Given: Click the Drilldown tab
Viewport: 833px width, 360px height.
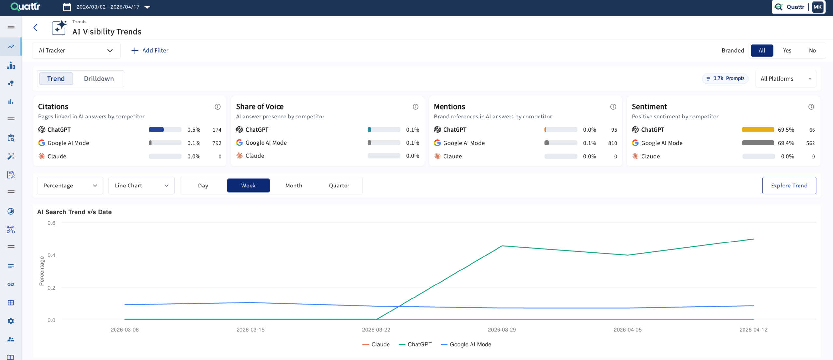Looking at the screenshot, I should pos(99,79).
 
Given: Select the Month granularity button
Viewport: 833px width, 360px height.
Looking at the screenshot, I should pos(294,186).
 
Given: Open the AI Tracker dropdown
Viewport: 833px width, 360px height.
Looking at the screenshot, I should pos(76,50).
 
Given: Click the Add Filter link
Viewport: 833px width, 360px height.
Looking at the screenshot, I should pos(150,50).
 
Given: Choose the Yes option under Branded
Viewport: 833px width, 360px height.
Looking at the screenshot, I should pos(787,50).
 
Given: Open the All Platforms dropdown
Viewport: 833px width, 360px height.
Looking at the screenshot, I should pos(785,79).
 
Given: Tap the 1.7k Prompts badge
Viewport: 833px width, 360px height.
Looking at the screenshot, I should pos(725,79).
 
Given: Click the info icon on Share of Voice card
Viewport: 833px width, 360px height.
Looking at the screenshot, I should pos(416,107).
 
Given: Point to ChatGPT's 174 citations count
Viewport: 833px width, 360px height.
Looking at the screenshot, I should pos(217,130).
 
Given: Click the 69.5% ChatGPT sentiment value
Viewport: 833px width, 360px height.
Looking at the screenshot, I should pos(785,130).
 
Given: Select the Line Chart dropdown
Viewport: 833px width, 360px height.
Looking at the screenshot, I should pos(141,186).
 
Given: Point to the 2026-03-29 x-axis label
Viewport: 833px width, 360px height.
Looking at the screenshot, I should pos(502,330).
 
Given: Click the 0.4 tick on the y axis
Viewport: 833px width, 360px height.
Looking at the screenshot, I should pos(51,255).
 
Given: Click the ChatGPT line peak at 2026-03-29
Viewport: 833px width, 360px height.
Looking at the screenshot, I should pos(502,246).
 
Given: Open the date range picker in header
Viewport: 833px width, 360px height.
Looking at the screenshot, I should pos(107,7).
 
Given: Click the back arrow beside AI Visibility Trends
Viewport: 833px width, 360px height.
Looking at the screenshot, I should pos(35,28).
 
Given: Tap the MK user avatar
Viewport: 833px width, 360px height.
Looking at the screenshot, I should pos(817,7).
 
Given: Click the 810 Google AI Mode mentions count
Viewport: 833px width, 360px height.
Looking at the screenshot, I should pos(612,143).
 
